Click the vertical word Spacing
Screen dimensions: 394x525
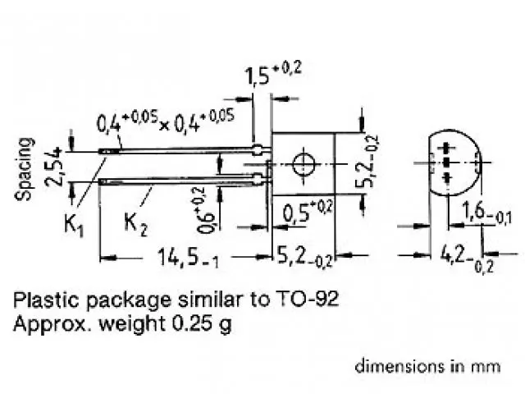pyautogui.click(x=26, y=168)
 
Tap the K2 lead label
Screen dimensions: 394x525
pyautogui.click(x=135, y=221)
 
